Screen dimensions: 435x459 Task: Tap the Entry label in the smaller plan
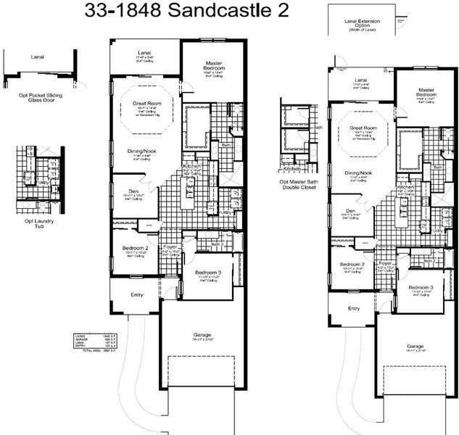point(353,308)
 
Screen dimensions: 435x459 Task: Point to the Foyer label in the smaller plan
point(385,263)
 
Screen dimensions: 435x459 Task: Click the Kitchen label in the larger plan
point(191,166)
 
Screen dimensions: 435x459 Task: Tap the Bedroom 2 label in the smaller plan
point(352,265)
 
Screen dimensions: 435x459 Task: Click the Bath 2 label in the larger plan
point(215,244)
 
